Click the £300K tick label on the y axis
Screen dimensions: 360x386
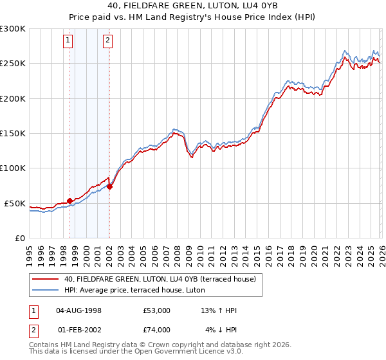pyautogui.click(x=13, y=29)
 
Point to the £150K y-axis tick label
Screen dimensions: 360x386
pyautogui.click(x=13, y=134)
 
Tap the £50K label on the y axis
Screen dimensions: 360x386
pyautogui.click(x=15, y=203)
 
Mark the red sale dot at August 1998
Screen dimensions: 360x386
pyautogui.click(x=69, y=201)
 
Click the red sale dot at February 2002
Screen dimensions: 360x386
pyautogui.click(x=109, y=186)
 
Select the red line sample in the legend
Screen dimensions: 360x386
pyautogui.click(x=46, y=279)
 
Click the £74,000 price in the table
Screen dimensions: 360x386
pyautogui.click(x=157, y=330)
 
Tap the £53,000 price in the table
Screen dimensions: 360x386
pyautogui.click(x=157, y=310)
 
